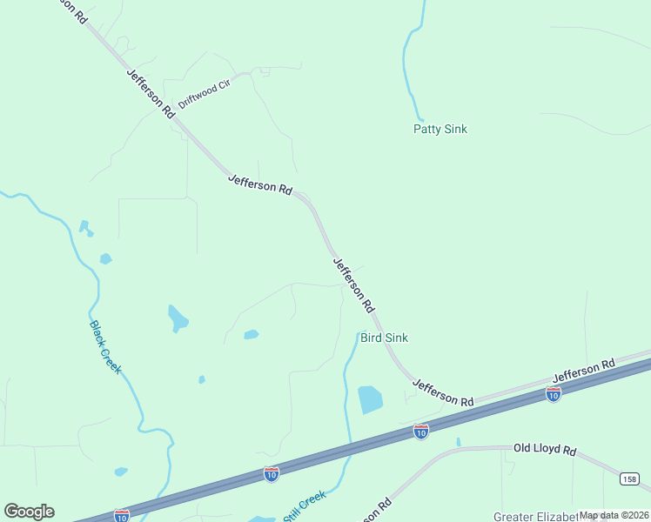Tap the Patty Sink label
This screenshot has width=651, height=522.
(x=440, y=129)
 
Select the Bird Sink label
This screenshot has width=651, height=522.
(x=384, y=338)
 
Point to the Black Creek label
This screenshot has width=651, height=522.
(x=104, y=348)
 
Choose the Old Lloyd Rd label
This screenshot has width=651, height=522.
(x=545, y=450)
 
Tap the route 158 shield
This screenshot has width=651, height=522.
(x=630, y=479)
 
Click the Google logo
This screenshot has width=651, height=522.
(x=29, y=512)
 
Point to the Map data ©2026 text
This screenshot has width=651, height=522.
(x=614, y=515)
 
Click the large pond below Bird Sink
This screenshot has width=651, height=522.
(x=370, y=399)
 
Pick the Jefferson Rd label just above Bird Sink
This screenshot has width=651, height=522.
(x=354, y=284)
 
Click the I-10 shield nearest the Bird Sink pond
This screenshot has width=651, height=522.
(x=420, y=432)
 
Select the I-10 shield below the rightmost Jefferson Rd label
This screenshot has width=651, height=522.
(x=553, y=394)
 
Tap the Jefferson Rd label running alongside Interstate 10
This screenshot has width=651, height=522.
(x=584, y=370)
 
